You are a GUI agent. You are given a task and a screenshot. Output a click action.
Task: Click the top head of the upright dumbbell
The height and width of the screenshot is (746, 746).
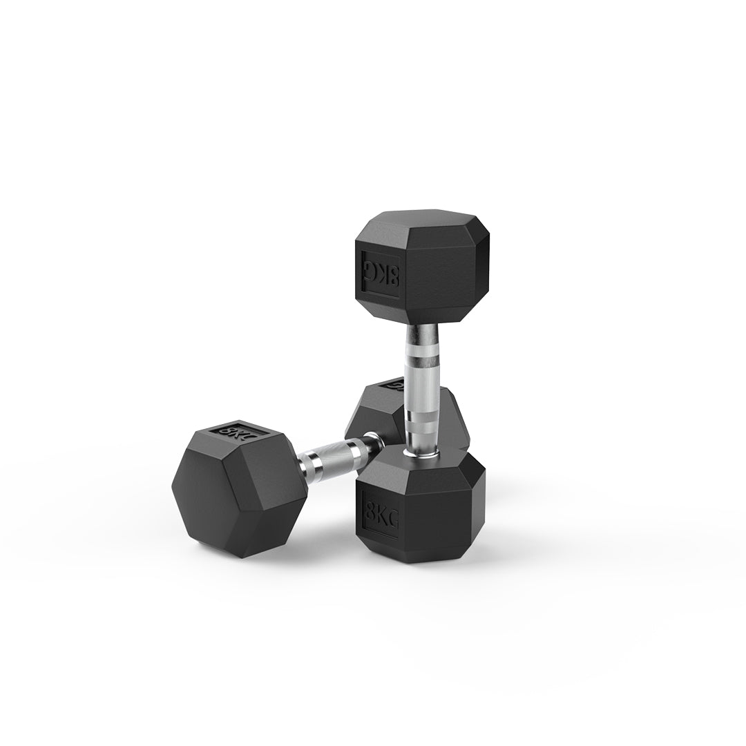click(421, 266)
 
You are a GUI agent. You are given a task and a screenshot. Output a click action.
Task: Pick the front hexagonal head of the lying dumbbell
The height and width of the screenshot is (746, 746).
click(238, 487)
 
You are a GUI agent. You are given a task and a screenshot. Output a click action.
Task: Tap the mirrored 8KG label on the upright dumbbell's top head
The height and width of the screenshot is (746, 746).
click(381, 273)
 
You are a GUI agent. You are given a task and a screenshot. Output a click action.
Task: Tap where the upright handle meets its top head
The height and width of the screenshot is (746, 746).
click(421, 326)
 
